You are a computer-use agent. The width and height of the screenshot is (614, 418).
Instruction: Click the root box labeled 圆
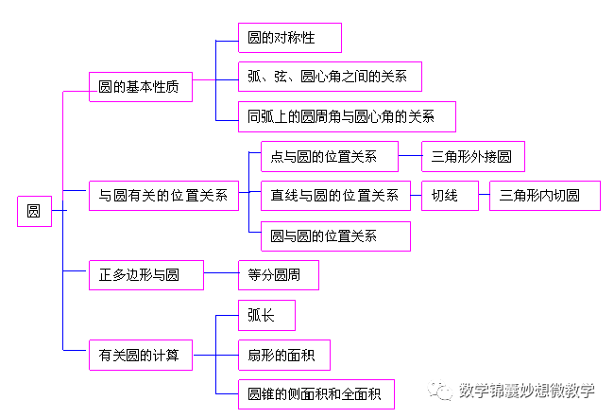pos(33,211)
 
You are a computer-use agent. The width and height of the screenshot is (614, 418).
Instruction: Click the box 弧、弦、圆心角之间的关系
pos(329,77)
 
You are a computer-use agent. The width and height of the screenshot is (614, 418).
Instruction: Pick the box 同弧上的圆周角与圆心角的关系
pos(348,116)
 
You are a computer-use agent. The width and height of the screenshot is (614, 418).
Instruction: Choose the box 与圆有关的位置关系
pos(162,196)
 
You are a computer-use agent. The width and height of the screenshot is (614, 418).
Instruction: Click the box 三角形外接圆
pos(472,156)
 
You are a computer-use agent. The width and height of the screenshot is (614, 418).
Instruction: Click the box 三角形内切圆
pos(544,196)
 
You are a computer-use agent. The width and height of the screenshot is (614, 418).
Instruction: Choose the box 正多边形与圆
pos(145,275)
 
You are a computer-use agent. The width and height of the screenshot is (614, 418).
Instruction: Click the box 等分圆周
pos(278,275)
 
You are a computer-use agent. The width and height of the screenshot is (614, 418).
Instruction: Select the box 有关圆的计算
pos(140,356)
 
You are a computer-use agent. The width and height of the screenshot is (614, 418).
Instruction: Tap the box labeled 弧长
pos(266,315)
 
